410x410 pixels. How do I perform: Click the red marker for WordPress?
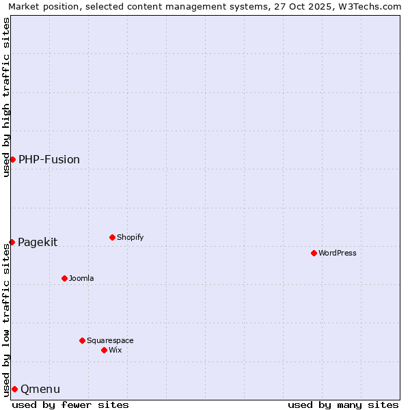click(314, 253)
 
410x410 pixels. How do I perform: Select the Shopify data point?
click(112, 237)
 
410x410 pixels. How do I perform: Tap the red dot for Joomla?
click(64, 278)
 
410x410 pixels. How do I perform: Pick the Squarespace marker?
click(82, 340)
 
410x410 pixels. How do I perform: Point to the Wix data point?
click(104, 350)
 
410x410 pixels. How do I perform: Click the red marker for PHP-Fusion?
click(12, 159)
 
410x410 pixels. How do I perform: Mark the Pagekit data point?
click(12, 242)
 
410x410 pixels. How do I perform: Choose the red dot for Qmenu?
click(14, 389)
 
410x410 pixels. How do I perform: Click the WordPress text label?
click(338, 254)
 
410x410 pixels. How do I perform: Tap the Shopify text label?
click(130, 238)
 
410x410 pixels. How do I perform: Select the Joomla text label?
click(81, 279)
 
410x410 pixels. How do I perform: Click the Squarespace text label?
click(110, 341)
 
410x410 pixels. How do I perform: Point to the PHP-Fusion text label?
click(49, 160)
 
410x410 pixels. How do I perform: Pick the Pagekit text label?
click(38, 243)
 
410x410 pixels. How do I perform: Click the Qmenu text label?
click(40, 389)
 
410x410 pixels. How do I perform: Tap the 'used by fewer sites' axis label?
click(70, 405)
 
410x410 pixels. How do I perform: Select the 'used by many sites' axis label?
click(343, 405)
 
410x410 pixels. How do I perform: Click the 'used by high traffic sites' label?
click(6, 97)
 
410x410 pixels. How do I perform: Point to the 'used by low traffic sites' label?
click(6, 320)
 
